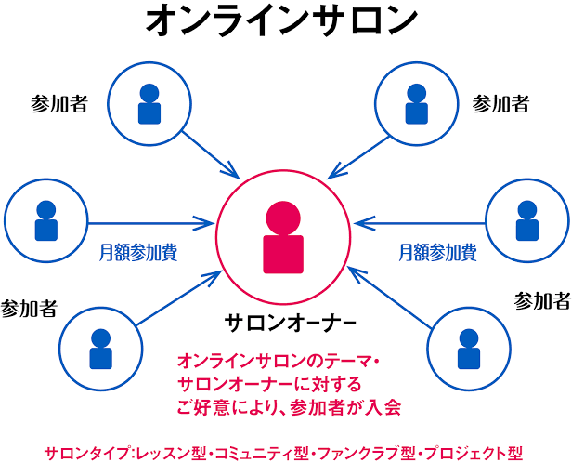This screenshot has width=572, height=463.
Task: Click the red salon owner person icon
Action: (x=282, y=238)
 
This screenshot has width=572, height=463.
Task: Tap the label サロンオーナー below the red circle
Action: (x=290, y=323)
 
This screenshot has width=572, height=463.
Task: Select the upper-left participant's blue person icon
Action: (x=149, y=104)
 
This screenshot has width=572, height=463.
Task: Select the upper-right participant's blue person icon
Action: (x=417, y=104)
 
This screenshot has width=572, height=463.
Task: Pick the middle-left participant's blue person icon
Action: (x=45, y=221)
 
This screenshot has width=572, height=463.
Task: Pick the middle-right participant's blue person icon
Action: (x=526, y=221)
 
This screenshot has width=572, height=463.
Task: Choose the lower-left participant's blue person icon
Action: (x=99, y=349)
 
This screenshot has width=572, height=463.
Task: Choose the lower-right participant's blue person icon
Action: (x=469, y=349)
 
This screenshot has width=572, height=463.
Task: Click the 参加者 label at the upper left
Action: (x=58, y=103)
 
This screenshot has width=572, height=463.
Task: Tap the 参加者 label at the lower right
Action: (x=542, y=300)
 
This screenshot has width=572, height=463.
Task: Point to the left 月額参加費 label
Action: (x=139, y=251)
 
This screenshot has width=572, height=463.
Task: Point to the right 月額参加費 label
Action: (x=437, y=251)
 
